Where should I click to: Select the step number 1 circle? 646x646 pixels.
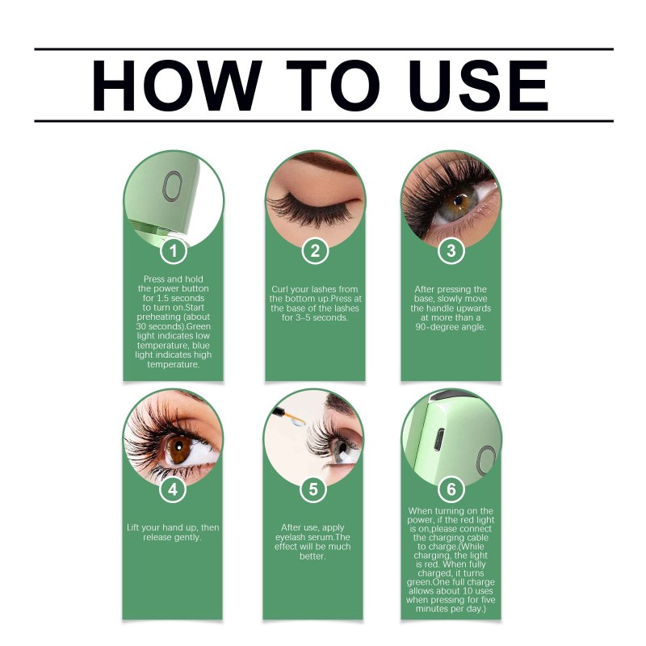(174, 250)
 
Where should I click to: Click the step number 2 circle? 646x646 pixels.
(315, 250)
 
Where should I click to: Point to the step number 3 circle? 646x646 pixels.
(451, 250)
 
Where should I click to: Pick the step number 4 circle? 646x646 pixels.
(173, 489)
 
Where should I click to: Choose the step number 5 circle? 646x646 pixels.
(313, 489)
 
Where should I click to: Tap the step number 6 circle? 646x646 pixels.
(451, 489)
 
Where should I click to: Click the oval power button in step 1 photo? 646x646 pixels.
(172, 187)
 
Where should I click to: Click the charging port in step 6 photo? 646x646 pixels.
(440, 439)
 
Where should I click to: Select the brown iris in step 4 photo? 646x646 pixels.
(179, 450)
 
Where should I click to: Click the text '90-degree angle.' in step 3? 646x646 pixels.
(451, 327)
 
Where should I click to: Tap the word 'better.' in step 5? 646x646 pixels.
(313, 556)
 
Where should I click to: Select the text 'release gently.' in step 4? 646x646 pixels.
(172, 537)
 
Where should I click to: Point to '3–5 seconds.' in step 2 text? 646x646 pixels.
(315, 317)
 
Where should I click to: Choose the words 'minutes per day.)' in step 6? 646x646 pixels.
(451, 609)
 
